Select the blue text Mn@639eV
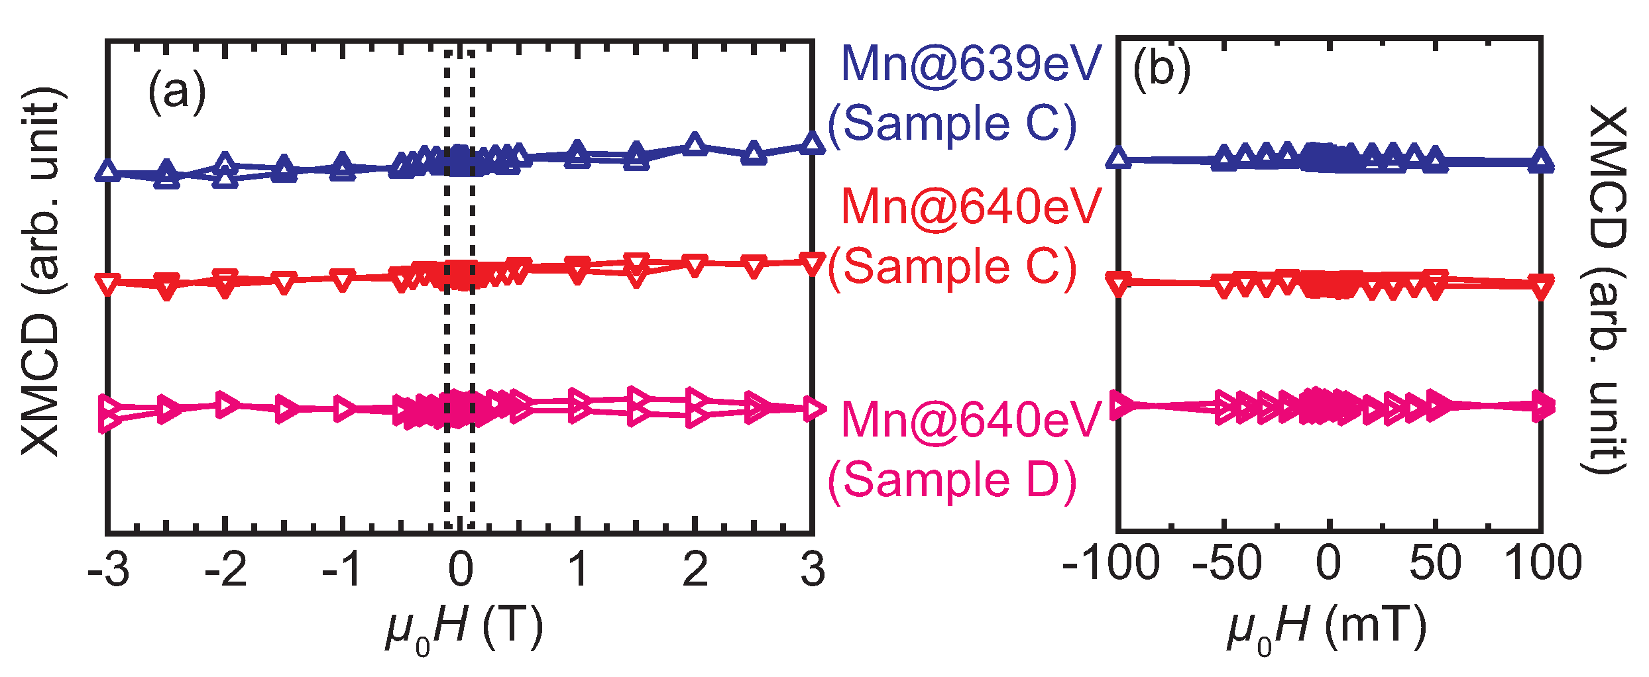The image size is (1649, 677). point(970,64)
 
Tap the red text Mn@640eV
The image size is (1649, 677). point(970,207)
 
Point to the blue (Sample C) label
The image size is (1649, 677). point(952,124)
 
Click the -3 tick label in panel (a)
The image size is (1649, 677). point(108,569)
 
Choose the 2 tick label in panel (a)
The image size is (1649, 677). point(695,569)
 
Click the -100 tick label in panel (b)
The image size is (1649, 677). point(1111,563)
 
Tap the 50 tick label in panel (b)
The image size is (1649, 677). point(1435,563)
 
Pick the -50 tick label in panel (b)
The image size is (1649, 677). point(1226,563)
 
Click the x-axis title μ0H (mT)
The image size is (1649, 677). point(1326,627)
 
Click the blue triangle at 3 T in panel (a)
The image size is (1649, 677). point(813,144)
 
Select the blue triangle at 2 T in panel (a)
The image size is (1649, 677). point(695,144)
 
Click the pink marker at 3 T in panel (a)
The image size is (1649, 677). point(813,409)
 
